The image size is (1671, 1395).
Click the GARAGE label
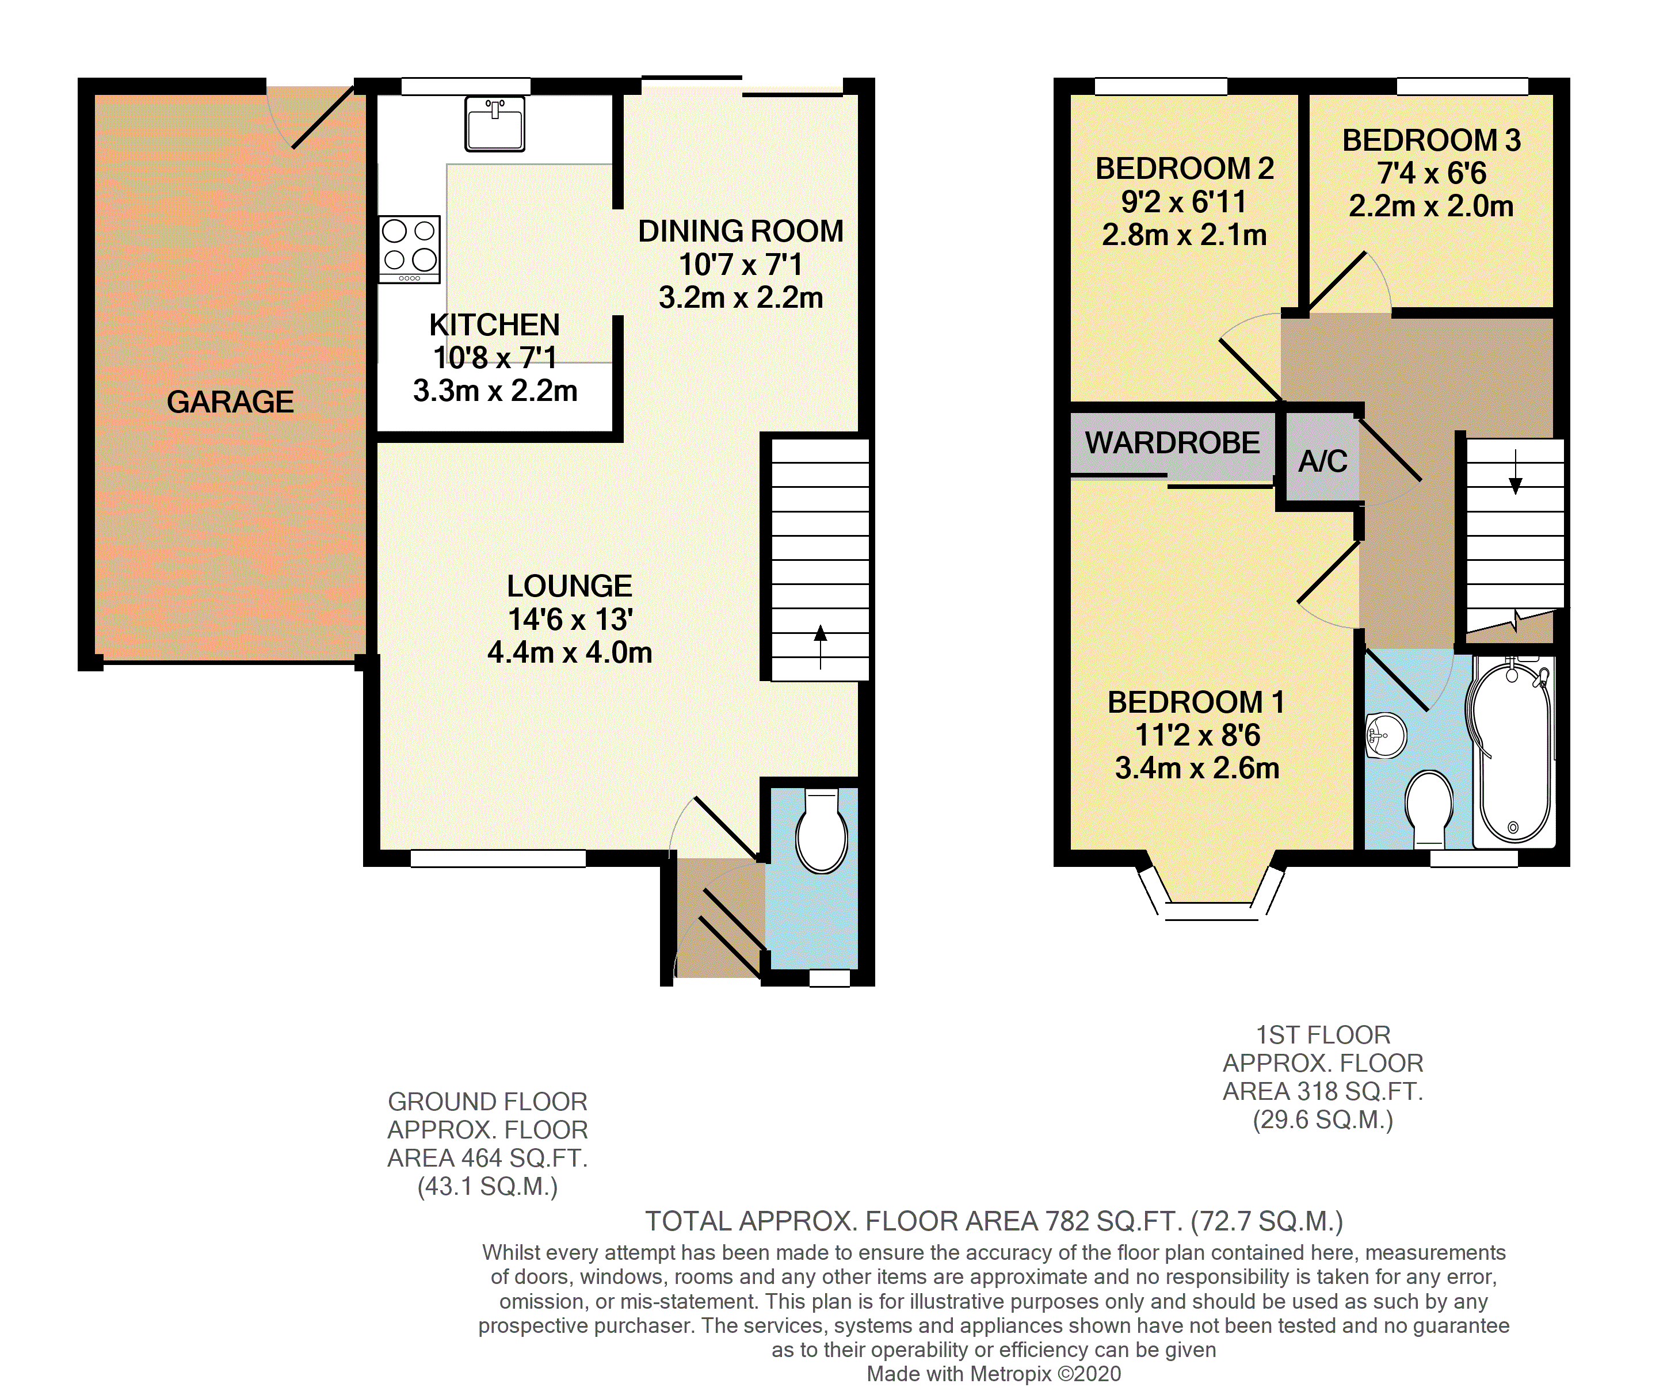coord(230,402)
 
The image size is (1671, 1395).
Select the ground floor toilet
coord(821,830)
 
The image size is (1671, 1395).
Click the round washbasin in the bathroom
coord(1386,735)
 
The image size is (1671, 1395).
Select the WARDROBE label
coord(1172,442)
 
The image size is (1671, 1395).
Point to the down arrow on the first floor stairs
coord(1515,472)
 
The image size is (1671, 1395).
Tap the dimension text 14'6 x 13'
coord(570,619)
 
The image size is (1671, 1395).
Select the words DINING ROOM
coord(741,231)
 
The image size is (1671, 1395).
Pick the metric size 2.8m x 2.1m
coord(1184,235)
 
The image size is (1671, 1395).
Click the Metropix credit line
coord(994,1374)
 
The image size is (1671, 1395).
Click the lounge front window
coord(498,859)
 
